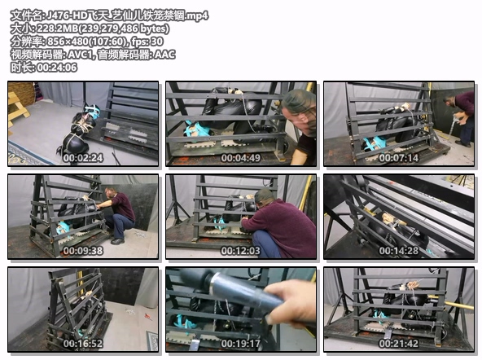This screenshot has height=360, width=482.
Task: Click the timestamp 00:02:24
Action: [x=83, y=158]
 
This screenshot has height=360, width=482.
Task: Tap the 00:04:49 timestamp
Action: [x=241, y=158]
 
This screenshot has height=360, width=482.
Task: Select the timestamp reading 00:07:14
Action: [x=399, y=158]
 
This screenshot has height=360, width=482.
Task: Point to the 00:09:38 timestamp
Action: [x=83, y=251]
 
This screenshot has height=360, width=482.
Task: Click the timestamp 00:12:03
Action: [x=241, y=251]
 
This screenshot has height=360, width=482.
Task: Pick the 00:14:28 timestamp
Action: [x=399, y=251]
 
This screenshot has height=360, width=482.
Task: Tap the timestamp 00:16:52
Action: [x=83, y=344]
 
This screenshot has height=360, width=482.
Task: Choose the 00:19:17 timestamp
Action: [x=241, y=344]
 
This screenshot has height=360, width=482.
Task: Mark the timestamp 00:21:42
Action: [x=399, y=344]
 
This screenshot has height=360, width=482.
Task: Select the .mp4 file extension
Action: [x=197, y=15]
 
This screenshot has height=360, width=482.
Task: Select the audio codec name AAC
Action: [x=164, y=55]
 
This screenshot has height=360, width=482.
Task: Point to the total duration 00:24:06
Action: [x=57, y=68]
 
